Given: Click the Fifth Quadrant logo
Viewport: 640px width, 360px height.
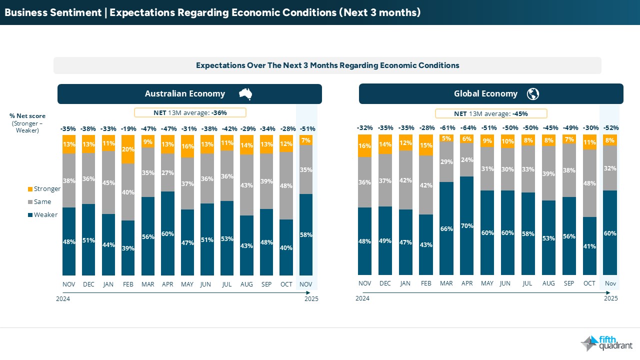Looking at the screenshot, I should tap(606, 343).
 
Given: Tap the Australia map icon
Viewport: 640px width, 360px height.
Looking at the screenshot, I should tap(245, 93).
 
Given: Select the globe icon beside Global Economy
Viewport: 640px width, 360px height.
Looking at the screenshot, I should tap(533, 93).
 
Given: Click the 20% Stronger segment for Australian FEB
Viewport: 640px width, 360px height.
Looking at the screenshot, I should tap(128, 149).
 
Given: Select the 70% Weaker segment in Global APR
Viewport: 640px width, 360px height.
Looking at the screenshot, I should tap(467, 225).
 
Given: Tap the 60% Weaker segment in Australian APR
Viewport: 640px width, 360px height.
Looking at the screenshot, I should tap(167, 233).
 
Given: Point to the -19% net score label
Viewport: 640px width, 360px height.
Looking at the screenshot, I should tap(128, 128).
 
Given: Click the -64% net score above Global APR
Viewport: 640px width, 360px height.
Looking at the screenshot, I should tap(467, 128).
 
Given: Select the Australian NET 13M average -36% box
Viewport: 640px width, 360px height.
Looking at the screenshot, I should tap(190, 113).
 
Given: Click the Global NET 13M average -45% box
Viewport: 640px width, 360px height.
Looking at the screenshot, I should tap(491, 113).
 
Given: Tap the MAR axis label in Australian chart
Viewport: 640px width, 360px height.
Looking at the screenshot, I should tap(148, 283).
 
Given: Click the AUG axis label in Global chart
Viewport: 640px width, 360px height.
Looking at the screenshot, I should tap(548, 283).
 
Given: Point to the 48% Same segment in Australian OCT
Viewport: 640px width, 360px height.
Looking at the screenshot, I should tap(286, 185).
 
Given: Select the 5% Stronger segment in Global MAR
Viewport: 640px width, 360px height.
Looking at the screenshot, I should tap(446, 138).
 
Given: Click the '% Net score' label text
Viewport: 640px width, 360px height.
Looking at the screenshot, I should tap(27, 116).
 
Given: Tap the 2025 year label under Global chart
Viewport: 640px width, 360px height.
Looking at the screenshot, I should tap(611, 298).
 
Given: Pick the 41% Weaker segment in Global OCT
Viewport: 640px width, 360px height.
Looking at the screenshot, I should tap(589, 245).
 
